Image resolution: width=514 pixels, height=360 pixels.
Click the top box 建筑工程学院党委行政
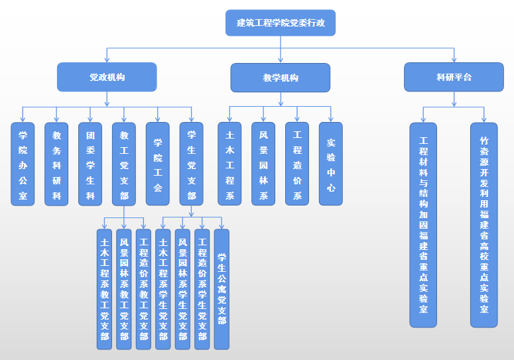(x=281, y=23)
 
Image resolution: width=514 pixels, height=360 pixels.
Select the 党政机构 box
(x=107, y=77)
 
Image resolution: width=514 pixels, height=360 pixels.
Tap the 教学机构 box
(x=280, y=78)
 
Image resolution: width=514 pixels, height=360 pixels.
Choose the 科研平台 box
(x=454, y=77)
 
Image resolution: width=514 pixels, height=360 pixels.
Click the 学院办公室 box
(x=23, y=164)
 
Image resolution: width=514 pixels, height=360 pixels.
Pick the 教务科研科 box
(x=56, y=164)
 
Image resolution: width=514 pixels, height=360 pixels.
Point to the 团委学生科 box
(x=90, y=164)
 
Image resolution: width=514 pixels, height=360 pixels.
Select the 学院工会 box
(x=157, y=164)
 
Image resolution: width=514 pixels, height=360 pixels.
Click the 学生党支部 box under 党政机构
(x=191, y=164)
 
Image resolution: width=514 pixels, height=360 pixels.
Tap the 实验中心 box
(x=330, y=164)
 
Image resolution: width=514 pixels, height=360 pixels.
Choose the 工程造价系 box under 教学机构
(x=296, y=164)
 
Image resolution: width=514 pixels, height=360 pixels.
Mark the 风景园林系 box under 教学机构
(x=263, y=164)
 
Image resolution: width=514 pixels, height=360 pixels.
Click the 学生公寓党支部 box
(x=222, y=289)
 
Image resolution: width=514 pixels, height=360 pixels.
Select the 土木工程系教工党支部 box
(x=105, y=289)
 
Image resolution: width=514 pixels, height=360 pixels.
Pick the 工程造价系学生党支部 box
(x=202, y=289)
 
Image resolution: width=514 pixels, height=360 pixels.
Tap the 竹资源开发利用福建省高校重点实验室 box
(x=484, y=224)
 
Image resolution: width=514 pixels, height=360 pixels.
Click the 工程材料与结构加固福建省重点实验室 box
(x=423, y=224)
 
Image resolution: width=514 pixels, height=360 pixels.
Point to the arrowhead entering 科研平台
(x=454, y=59)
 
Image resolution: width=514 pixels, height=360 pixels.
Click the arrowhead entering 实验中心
(x=330, y=119)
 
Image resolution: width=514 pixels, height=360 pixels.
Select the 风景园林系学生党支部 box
(x=182, y=289)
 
